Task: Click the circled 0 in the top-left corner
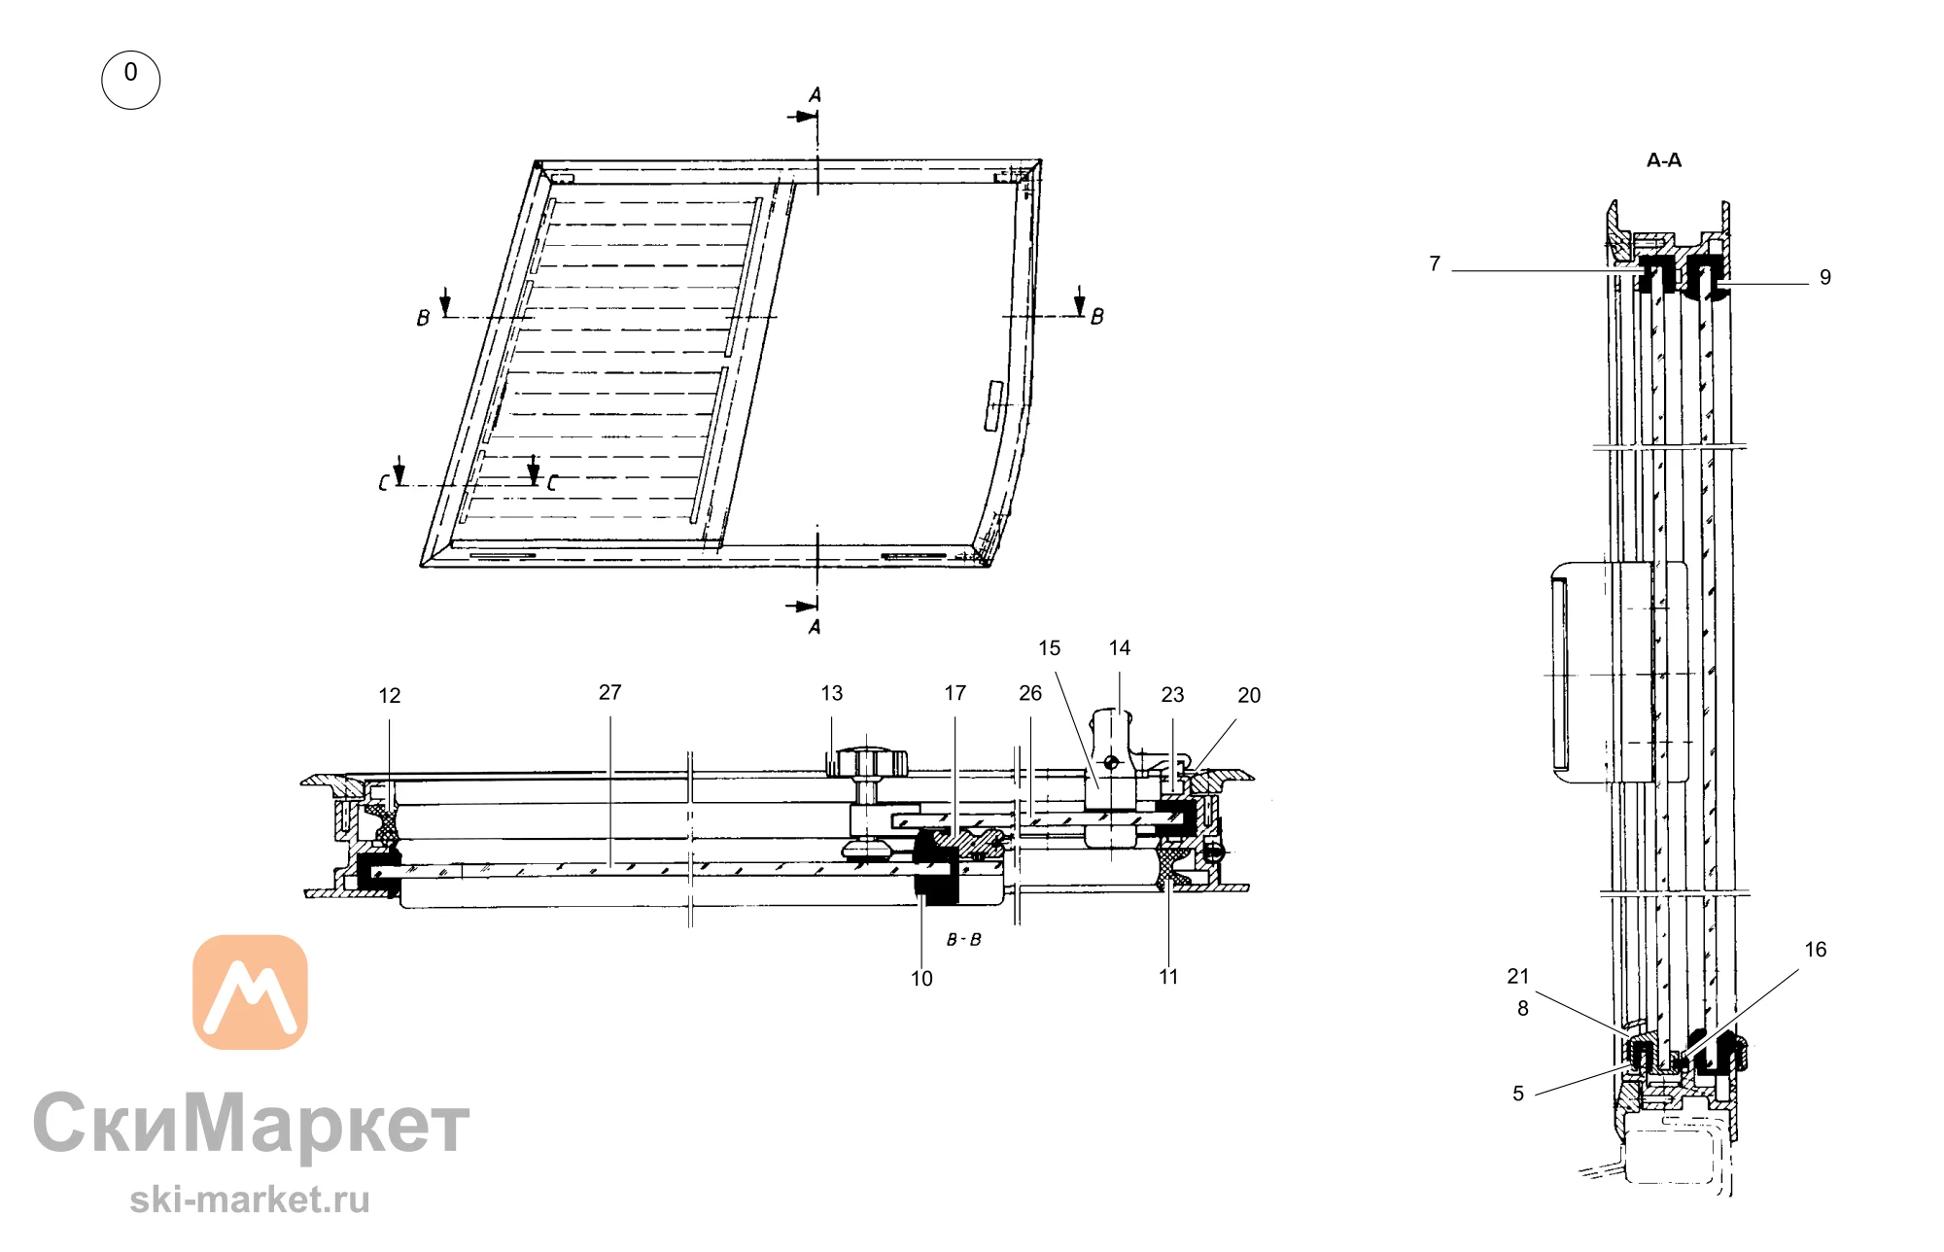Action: [x=130, y=80]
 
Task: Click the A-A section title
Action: [x=1664, y=160]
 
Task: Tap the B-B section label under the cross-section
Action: [x=964, y=940]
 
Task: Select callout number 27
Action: [x=609, y=692]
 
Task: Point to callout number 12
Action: [x=390, y=696]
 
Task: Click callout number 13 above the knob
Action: [x=832, y=693]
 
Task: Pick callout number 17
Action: [x=955, y=693]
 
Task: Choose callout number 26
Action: [x=1030, y=693]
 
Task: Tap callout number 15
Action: [x=1050, y=648]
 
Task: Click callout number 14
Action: [x=1120, y=648]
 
